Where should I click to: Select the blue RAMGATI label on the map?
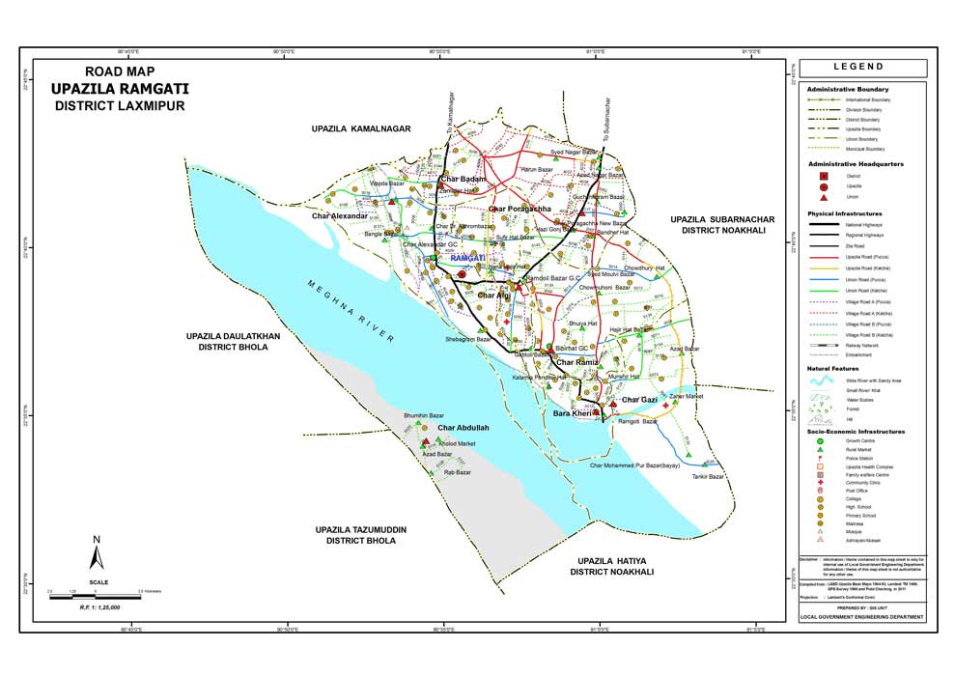click(x=467, y=259)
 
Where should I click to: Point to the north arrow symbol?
click(x=97, y=554)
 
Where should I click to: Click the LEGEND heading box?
click(x=864, y=68)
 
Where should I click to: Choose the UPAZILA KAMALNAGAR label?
click(x=361, y=128)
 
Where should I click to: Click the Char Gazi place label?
click(x=638, y=400)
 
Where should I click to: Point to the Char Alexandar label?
click(x=339, y=216)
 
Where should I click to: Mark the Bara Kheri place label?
click(x=571, y=414)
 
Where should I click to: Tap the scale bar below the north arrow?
click(x=96, y=589)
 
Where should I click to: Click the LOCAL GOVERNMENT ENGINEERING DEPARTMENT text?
click(x=863, y=616)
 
